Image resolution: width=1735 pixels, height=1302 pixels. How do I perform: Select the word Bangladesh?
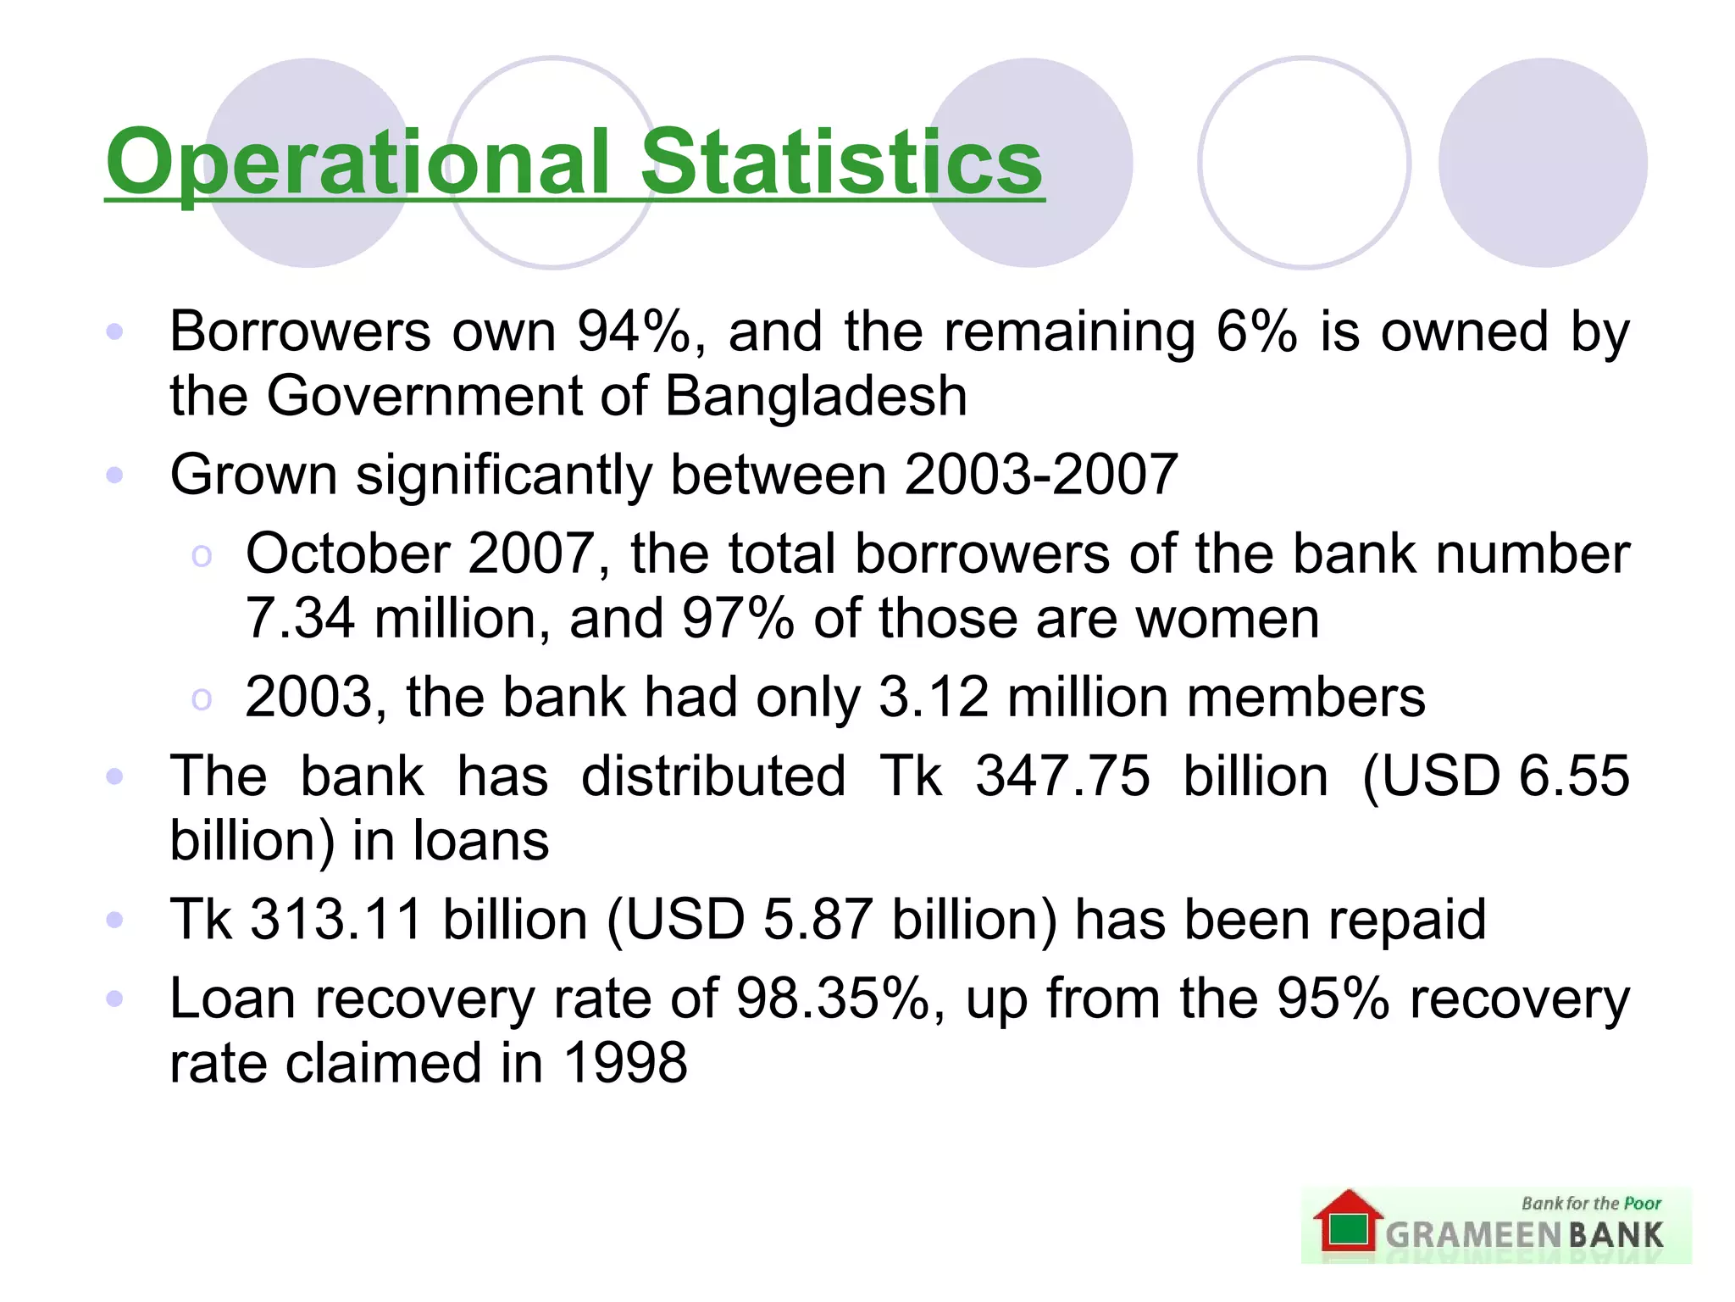[816, 396]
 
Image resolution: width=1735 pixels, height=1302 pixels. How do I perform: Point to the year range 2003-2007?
[1041, 474]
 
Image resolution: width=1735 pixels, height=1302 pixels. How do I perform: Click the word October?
[346, 554]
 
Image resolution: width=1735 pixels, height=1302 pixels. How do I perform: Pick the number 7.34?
[299, 618]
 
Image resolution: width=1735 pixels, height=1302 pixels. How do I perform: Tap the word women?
[1227, 618]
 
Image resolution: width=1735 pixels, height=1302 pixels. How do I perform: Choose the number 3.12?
[934, 697]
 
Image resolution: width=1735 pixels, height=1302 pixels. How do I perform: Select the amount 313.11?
[336, 919]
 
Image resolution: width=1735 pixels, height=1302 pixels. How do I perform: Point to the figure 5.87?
[818, 919]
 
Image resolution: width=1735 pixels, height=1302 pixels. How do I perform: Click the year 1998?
[625, 1062]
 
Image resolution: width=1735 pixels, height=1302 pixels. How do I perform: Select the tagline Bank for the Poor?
[1591, 1203]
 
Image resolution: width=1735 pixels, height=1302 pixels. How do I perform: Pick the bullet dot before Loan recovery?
[115, 998]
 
